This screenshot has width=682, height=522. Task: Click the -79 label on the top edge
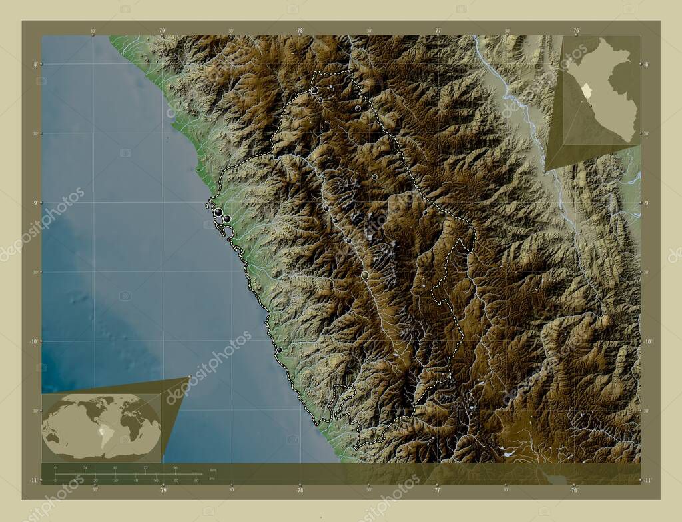(162, 30)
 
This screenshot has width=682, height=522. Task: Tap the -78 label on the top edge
(300, 30)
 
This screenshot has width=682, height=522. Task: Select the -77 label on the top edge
(438, 30)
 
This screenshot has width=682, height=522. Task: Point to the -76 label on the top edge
(575, 30)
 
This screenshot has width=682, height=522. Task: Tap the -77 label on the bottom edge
(438, 489)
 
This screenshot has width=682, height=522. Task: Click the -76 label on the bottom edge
(575, 489)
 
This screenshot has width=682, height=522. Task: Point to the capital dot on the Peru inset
(590, 105)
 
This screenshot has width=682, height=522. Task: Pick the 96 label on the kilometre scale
(176, 469)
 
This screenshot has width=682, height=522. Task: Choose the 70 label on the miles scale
(196, 480)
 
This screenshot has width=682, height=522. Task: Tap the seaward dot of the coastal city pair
(218, 212)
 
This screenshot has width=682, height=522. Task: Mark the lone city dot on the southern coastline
(279, 349)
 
